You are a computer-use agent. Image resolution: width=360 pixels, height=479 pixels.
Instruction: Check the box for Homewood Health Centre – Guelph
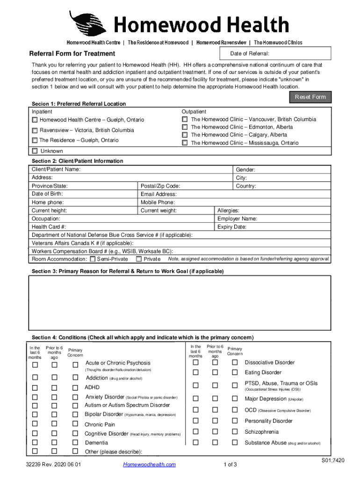(35, 120)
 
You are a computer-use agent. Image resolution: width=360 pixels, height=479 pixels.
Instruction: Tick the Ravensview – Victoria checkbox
(35, 130)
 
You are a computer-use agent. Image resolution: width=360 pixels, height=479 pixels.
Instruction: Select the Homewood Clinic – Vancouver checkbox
(185, 119)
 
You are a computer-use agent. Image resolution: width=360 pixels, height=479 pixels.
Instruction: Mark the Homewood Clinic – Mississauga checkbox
(185, 143)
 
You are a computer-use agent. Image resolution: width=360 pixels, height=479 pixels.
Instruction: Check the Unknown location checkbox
(35, 151)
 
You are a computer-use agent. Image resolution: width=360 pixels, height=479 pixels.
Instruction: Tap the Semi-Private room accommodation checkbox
(93, 259)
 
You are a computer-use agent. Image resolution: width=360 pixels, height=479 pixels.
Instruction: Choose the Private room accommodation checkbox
(139, 259)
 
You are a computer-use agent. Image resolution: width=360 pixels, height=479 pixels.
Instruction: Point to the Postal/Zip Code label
(160, 186)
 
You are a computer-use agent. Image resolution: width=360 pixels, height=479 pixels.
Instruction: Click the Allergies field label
(229, 211)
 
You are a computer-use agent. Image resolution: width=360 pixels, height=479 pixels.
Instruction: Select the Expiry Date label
(232, 227)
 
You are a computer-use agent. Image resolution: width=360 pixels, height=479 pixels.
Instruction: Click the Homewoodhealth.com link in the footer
(149, 464)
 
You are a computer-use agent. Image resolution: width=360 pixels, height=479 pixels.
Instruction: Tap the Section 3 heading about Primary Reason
(128, 272)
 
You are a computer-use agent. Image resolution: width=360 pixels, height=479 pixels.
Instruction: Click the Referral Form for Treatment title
(72, 54)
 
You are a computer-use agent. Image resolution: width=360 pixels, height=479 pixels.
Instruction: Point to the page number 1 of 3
(231, 464)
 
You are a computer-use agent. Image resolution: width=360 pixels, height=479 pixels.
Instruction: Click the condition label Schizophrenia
(262, 432)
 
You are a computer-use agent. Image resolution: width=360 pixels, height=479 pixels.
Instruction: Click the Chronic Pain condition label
(100, 425)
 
